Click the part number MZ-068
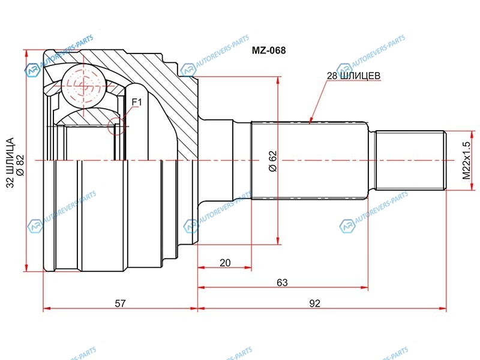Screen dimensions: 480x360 (268, 50)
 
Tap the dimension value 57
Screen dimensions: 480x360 (120, 303)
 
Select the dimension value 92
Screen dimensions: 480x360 (314, 303)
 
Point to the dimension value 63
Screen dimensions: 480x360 (282, 282)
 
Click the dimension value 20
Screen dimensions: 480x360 (225, 263)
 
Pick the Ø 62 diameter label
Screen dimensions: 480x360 (272, 161)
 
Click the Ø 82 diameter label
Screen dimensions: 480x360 (20, 166)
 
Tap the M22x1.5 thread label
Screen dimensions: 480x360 (466, 160)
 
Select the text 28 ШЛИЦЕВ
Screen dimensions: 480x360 (353, 76)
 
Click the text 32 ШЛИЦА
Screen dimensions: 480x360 (10, 162)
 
